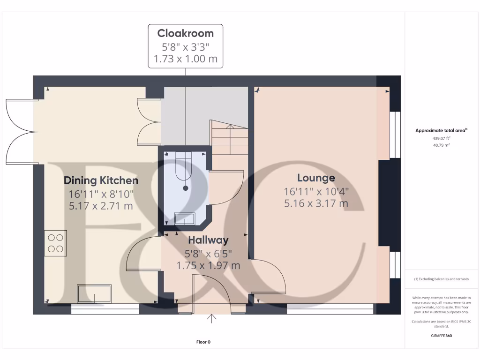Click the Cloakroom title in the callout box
[x=185, y=33]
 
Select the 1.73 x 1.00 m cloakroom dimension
[x=185, y=60]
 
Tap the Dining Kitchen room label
[x=101, y=180]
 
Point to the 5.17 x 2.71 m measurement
[x=101, y=206]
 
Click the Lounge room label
[x=316, y=178]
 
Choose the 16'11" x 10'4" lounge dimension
[x=316, y=191]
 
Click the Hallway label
[x=208, y=240]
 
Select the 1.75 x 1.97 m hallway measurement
[x=208, y=265]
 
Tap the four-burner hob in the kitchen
[x=56, y=243]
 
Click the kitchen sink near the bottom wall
[x=95, y=293]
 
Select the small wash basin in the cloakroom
[x=184, y=218]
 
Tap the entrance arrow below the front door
[x=212, y=319]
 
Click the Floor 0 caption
[x=203, y=342]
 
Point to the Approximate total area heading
[x=441, y=131]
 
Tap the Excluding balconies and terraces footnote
[x=441, y=279]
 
